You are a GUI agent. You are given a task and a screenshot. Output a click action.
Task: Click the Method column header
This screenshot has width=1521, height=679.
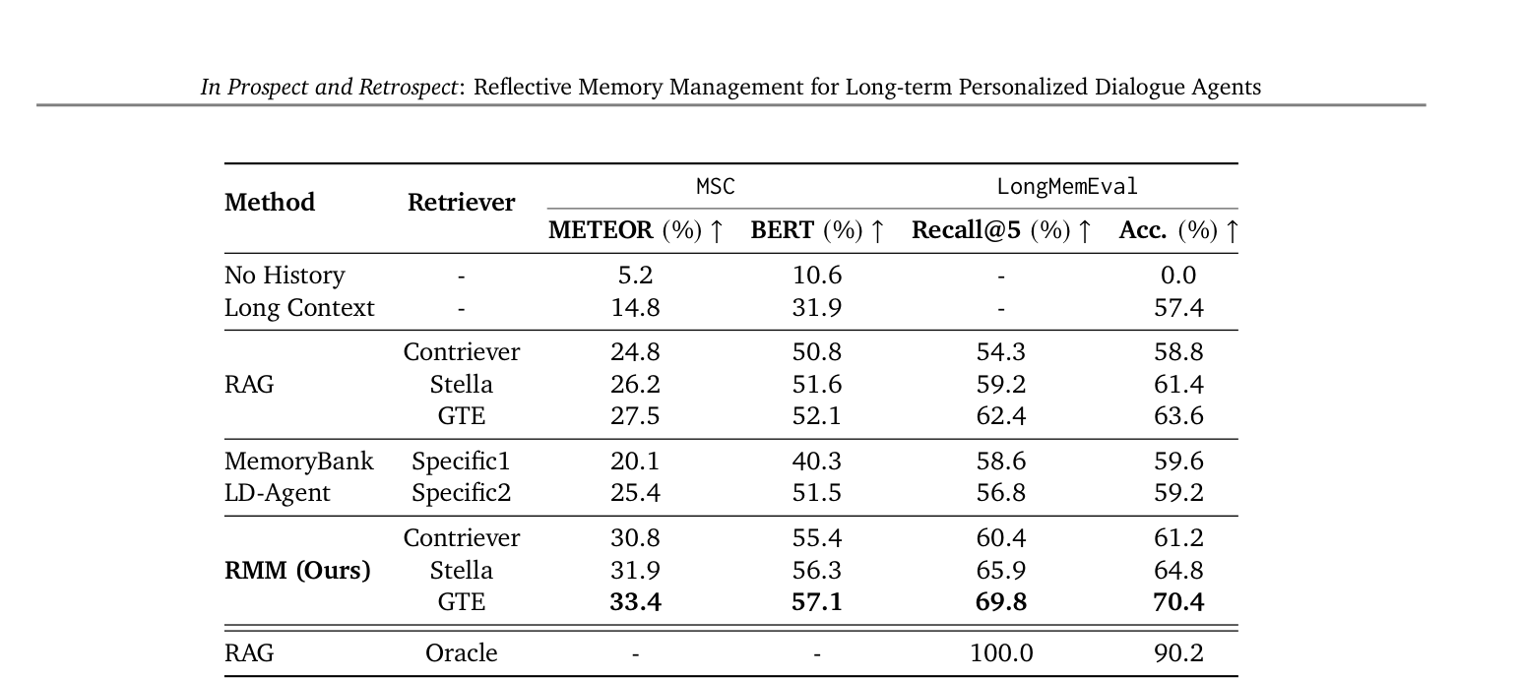[x=270, y=203]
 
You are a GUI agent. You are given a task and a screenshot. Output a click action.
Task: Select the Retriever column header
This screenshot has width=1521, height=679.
[x=461, y=203]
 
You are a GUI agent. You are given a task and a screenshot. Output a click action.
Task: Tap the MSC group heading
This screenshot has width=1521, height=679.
[x=716, y=186]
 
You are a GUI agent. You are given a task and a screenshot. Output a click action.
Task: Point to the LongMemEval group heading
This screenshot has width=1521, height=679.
[x=1067, y=186]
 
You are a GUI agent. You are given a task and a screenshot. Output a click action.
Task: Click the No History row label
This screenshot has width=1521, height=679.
[x=285, y=275]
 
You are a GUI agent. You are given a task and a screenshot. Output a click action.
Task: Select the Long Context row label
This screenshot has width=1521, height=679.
[x=298, y=308]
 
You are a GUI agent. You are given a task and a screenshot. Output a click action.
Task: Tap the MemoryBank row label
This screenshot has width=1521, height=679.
[x=298, y=462]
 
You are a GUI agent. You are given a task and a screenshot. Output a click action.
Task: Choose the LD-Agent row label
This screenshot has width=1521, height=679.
[x=277, y=492]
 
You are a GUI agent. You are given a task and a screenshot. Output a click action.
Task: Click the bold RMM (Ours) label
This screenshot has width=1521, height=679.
[x=297, y=571]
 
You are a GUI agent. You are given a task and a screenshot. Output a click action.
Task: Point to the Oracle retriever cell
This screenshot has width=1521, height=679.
[x=461, y=652]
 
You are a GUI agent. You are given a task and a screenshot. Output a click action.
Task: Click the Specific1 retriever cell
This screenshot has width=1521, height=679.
[x=461, y=462]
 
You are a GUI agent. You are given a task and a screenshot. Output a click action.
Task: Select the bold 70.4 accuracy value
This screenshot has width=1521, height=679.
[x=1178, y=601]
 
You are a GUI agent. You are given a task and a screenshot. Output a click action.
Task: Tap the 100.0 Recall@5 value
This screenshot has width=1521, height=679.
[x=1001, y=652]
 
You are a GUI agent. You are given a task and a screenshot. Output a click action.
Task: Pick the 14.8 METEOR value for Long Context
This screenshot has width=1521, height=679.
[x=635, y=308]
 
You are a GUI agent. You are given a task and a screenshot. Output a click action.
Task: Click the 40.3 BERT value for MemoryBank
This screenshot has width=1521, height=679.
[x=816, y=462]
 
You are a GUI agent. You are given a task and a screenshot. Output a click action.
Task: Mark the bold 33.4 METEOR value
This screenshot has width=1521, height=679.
[x=635, y=601]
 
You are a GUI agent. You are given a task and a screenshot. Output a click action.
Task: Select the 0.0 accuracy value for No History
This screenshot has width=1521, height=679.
[x=1178, y=275]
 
